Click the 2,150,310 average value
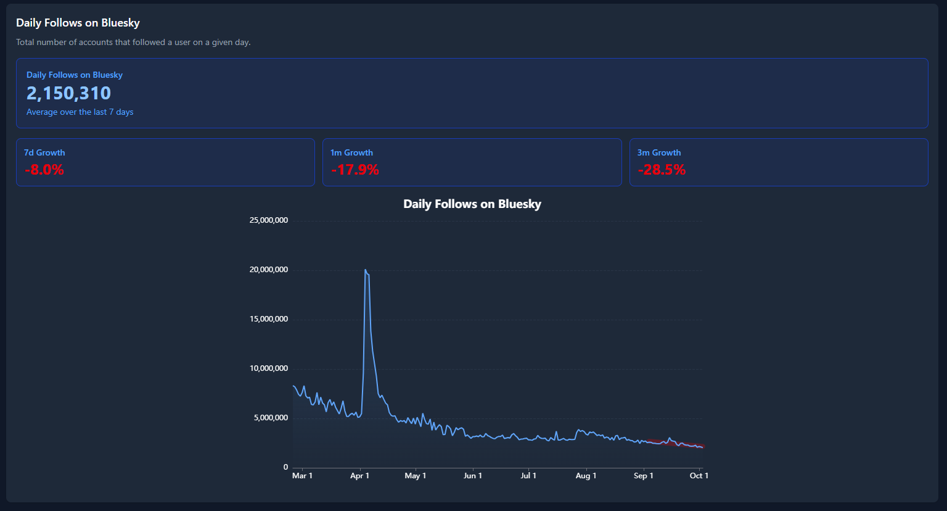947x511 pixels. point(68,93)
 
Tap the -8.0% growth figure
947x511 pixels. point(44,170)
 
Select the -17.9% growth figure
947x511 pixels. point(355,170)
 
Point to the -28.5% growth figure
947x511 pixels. point(662,170)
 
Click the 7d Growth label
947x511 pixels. point(44,152)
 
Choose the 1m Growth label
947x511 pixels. point(352,152)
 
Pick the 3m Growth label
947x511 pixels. point(659,152)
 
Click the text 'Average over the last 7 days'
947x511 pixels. point(80,112)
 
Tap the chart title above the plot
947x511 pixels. point(472,204)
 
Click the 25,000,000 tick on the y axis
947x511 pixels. point(269,220)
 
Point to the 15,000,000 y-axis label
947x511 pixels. point(269,319)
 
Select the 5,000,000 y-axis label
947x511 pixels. point(271,418)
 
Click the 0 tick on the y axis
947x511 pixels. point(286,467)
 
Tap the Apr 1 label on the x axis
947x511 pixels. point(360,476)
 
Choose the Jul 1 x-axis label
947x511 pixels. point(528,476)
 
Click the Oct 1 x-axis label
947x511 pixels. point(699,476)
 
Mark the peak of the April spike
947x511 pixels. point(365,270)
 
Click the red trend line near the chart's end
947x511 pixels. point(676,443)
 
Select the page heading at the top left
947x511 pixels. point(78,23)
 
